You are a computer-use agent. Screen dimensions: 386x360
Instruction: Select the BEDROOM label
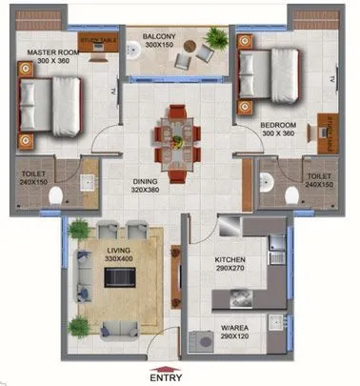click(278, 125)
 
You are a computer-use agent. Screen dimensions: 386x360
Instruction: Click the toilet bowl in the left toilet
click(58, 195)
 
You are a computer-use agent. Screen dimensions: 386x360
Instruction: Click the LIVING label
click(118, 249)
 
